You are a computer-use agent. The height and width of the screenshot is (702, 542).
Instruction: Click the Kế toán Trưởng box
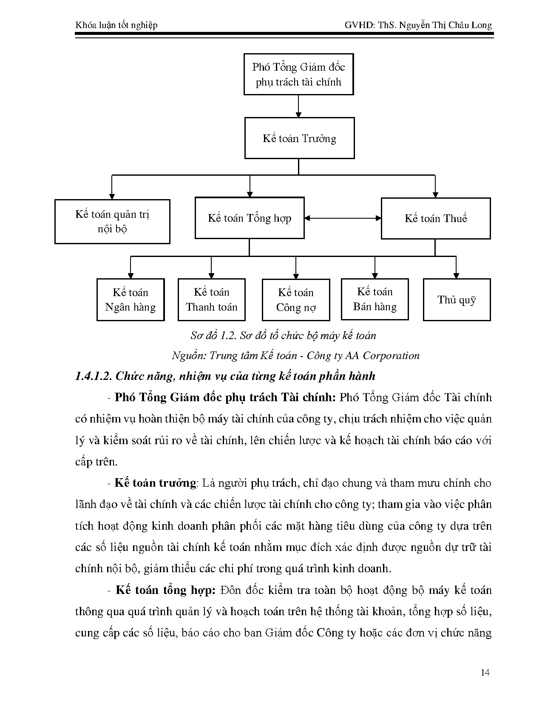pyautogui.click(x=299, y=138)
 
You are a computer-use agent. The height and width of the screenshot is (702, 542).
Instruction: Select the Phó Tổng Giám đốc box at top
pyautogui.click(x=298, y=74)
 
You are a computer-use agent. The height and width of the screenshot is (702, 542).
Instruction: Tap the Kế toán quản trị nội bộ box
pyautogui.click(x=112, y=221)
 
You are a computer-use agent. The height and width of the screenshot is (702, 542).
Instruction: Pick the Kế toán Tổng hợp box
pyautogui.click(x=250, y=218)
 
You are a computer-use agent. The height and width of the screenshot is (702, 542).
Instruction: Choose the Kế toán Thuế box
pyautogui.click(x=435, y=218)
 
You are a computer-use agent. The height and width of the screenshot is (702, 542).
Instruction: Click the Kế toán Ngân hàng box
pyautogui.click(x=131, y=300)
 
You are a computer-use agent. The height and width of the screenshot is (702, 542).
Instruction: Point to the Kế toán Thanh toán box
pyautogui.click(x=211, y=300)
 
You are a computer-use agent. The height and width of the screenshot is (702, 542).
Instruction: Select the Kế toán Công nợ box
pyautogui.click(x=296, y=300)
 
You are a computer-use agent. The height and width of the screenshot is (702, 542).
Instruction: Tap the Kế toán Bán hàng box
pyautogui.click(x=375, y=299)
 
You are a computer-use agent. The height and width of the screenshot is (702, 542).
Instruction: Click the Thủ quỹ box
pyautogui.click(x=457, y=300)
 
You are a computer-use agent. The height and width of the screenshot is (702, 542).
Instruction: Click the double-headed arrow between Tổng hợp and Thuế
pyautogui.click(x=343, y=218)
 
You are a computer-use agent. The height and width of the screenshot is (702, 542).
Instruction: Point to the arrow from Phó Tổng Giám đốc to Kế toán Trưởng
pyautogui.click(x=298, y=106)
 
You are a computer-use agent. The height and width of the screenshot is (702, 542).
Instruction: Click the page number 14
pyautogui.click(x=485, y=673)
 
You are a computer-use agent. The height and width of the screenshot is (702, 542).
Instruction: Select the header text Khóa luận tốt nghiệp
pyautogui.click(x=116, y=25)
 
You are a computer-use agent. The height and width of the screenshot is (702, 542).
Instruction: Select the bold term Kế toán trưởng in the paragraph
pyautogui.click(x=155, y=483)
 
